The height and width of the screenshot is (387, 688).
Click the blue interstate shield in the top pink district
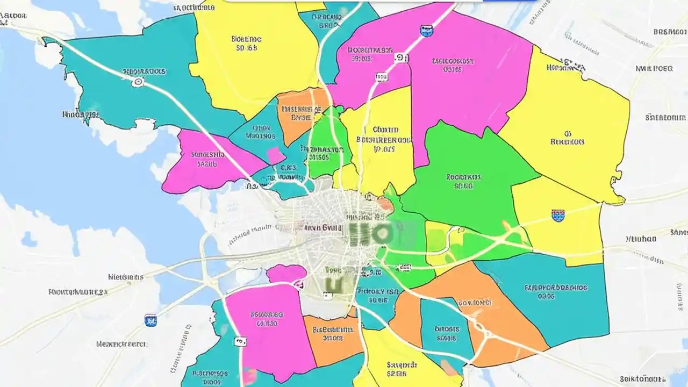pyautogui.click(x=426, y=31)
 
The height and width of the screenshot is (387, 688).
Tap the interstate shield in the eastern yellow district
pyautogui.click(x=558, y=216)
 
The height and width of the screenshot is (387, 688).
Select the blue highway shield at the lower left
pyautogui.click(x=150, y=320)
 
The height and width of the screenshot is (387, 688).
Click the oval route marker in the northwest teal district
pyautogui.click(x=138, y=82)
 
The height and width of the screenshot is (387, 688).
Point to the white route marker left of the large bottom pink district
pyautogui.click(x=240, y=342)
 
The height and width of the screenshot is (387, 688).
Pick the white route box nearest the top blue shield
pyautogui.click(x=400, y=58)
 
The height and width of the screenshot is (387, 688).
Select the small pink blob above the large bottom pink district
pyautogui.click(x=286, y=274)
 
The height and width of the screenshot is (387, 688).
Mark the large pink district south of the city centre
pyautogui.click(x=269, y=328)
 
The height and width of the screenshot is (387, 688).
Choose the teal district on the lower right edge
pyautogui.click(x=559, y=296)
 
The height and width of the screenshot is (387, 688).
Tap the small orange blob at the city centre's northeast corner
pyautogui.click(x=385, y=204)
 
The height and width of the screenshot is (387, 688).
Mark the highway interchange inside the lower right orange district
pyautogui.click(x=480, y=328)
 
